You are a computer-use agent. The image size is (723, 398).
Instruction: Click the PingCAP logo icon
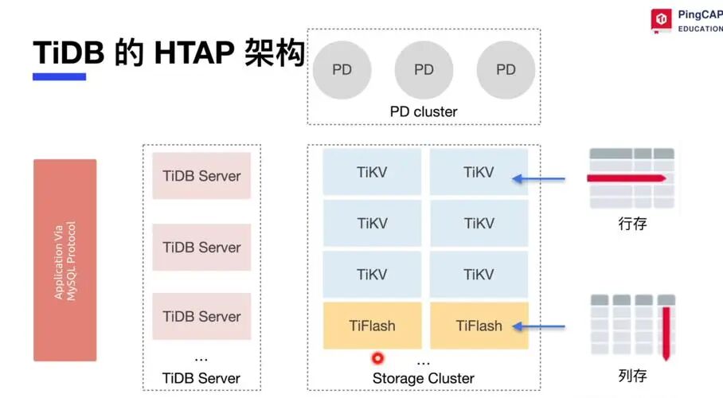[x=661, y=20]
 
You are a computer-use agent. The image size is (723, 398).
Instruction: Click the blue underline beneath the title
[x=59, y=76]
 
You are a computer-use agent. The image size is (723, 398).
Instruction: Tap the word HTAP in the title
[x=194, y=53]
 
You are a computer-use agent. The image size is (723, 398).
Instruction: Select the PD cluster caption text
[x=424, y=111]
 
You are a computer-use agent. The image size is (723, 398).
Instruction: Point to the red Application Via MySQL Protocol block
[x=65, y=260]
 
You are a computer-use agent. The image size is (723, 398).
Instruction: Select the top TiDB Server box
[x=201, y=176]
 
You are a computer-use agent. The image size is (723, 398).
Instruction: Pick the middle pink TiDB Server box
[x=201, y=248]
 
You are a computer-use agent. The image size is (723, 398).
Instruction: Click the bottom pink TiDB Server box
[x=201, y=316]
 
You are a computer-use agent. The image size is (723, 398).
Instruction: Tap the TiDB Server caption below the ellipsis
[x=201, y=378]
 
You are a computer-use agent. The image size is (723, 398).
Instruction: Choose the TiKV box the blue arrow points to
[x=479, y=172]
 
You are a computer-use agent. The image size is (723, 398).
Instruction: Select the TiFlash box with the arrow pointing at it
[x=479, y=326]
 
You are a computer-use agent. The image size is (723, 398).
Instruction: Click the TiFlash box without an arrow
[x=372, y=326]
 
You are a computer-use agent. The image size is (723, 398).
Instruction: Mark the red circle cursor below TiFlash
[x=377, y=358]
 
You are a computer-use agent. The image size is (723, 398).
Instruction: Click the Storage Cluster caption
[x=424, y=378]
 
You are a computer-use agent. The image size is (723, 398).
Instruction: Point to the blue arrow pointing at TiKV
[x=538, y=178]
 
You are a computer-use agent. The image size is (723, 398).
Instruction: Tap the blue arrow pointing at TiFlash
[x=538, y=326]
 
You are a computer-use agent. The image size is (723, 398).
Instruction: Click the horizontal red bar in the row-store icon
[x=627, y=178]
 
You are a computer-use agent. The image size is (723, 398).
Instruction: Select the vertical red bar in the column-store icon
[x=666, y=333]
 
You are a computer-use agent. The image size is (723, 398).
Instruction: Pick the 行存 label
[x=632, y=224]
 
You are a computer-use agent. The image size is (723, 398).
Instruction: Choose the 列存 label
[x=632, y=376]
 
